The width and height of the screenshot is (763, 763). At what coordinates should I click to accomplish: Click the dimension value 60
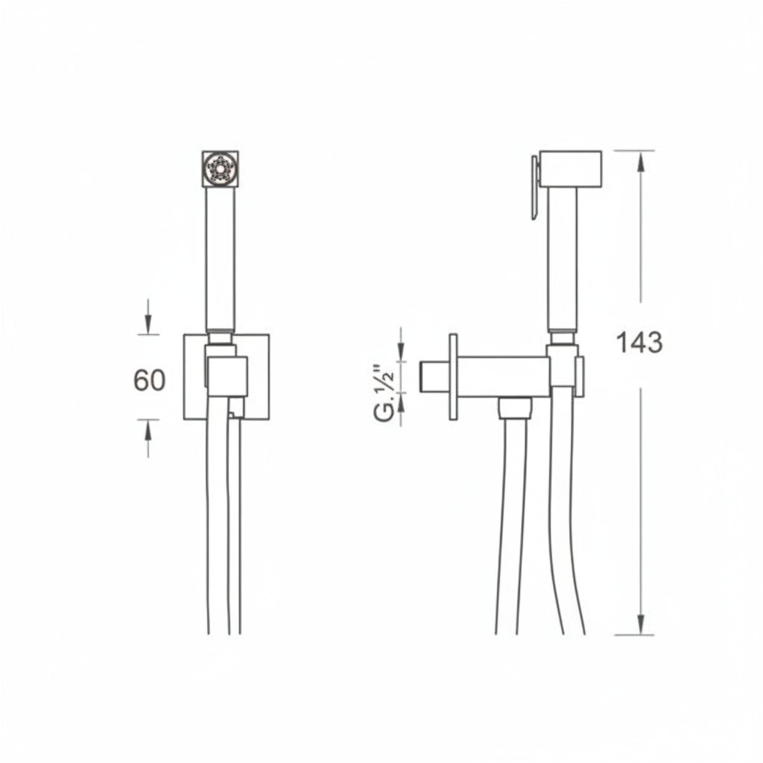(x=149, y=380)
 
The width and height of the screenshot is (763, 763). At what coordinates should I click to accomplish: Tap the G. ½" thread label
(x=385, y=393)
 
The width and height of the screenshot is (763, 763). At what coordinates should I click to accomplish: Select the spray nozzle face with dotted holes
(x=221, y=169)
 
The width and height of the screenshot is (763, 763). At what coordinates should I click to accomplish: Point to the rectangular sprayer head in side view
(x=570, y=169)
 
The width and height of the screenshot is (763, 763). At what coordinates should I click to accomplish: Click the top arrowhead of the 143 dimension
(x=641, y=160)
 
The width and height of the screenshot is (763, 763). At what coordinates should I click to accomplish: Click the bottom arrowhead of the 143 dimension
(x=641, y=625)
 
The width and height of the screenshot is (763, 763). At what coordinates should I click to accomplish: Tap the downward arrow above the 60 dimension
(x=148, y=317)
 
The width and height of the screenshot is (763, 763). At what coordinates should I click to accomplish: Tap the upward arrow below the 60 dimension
(x=148, y=438)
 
